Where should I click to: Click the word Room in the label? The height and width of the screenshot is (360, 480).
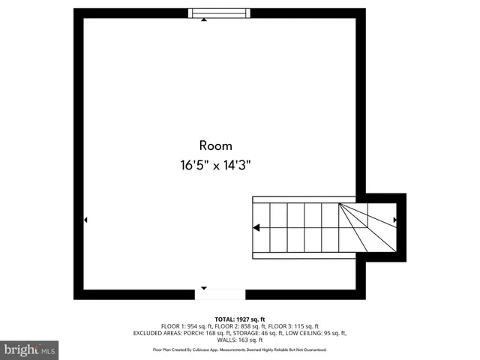click(215, 145)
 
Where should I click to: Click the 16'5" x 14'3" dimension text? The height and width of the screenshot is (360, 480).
click(215, 166)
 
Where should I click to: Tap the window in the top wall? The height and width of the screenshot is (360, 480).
click(219, 12)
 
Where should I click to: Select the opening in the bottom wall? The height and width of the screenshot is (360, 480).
click(220, 294)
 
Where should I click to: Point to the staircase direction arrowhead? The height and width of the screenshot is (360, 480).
click(256, 228)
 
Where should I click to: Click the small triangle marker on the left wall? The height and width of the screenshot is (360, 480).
click(85, 220)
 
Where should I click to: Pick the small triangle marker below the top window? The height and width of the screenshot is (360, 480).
click(204, 20)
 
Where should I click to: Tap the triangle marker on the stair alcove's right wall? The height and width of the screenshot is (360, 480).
click(395, 220)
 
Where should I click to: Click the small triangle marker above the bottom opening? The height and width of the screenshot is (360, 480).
click(205, 287)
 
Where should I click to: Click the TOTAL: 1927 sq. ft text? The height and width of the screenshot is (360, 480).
click(240, 319)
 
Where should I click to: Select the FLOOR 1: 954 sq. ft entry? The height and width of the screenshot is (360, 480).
click(187, 326)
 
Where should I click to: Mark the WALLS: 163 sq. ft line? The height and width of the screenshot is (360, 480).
click(240, 340)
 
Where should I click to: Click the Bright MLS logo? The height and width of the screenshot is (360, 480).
click(30, 349)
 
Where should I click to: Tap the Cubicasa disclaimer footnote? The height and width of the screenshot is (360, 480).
click(240, 349)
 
